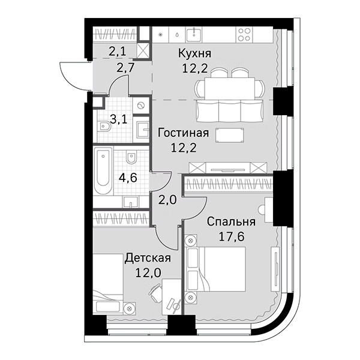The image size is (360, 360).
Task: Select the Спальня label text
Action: (x=231, y=221)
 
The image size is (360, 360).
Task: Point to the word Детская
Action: (x=148, y=258)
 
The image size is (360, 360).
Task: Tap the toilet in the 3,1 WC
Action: (x=106, y=127)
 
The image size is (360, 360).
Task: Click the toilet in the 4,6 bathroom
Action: (x=133, y=158)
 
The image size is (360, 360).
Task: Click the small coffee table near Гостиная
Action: (x=230, y=134)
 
